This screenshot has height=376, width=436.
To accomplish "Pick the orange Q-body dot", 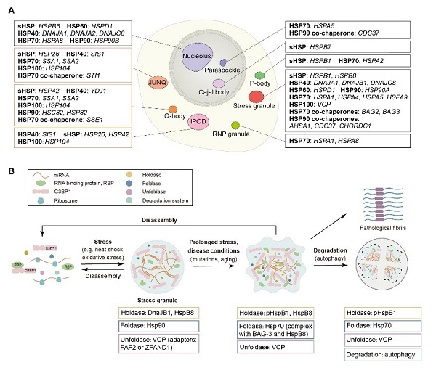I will [x=173, y=109].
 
